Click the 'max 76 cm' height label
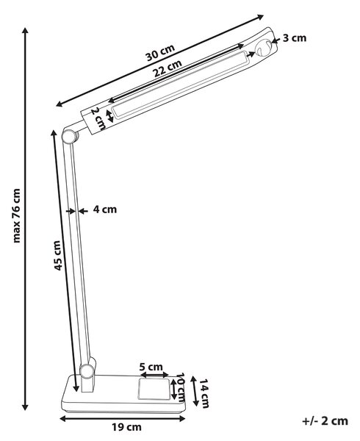point(17,215)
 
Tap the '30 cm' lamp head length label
point(160,53)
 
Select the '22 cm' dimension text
point(168,68)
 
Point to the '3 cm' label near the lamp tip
point(294,38)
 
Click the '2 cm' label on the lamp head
point(98,119)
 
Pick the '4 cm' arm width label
point(105,209)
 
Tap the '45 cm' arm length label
point(57,255)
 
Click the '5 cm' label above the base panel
point(151,367)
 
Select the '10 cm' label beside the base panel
point(181,388)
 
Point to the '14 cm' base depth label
point(204,393)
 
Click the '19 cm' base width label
point(126,428)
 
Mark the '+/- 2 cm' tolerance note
point(325,421)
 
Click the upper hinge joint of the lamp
point(69,137)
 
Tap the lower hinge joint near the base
point(87,371)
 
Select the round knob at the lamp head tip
point(263,48)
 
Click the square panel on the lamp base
point(154,389)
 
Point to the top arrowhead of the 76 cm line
point(25,31)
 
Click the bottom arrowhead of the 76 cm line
point(25,406)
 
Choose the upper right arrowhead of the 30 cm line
point(260,18)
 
